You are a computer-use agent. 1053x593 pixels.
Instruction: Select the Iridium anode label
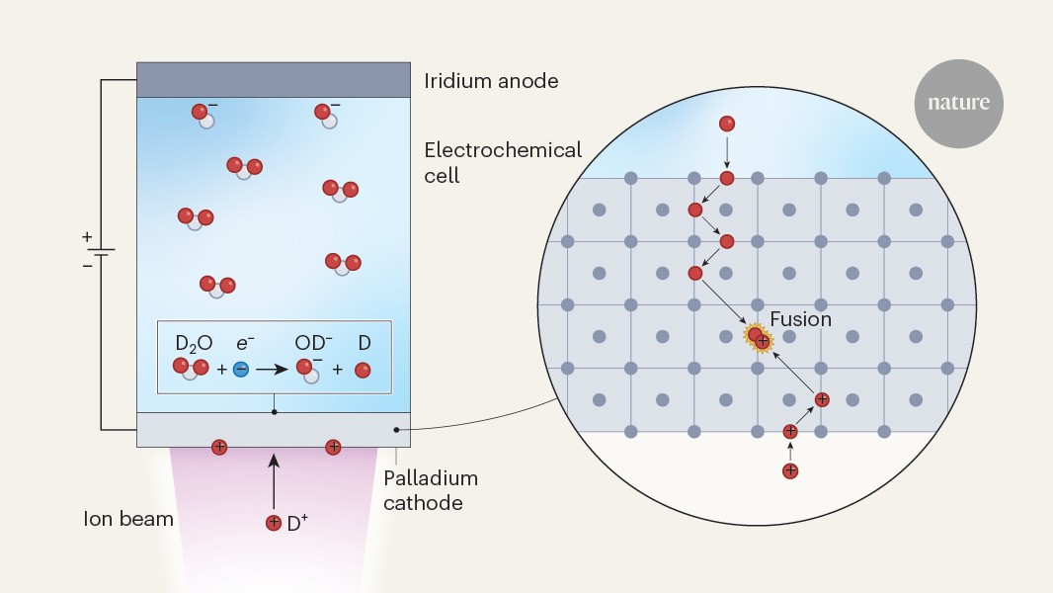(x=491, y=81)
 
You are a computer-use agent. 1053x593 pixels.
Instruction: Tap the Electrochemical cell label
(x=503, y=163)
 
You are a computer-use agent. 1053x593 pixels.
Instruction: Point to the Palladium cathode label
(x=430, y=490)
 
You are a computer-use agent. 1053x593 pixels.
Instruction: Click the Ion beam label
(x=128, y=518)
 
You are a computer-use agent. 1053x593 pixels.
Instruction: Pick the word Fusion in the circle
(x=800, y=319)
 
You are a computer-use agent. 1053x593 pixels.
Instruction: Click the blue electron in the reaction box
(x=241, y=370)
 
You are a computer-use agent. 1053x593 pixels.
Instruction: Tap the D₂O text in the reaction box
(x=194, y=344)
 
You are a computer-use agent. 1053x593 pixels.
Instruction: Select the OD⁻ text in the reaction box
(x=314, y=344)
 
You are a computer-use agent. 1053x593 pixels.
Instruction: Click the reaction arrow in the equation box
(x=272, y=370)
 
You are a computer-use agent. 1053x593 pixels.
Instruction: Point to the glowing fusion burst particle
(x=759, y=338)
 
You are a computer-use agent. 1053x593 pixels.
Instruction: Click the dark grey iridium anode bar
(x=274, y=80)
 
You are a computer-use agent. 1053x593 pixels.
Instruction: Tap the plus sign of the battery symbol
(x=87, y=237)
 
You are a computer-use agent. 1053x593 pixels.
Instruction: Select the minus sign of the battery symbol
(x=87, y=265)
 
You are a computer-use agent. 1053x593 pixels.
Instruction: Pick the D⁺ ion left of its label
(x=274, y=523)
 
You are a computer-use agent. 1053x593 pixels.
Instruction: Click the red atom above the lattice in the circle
(x=727, y=124)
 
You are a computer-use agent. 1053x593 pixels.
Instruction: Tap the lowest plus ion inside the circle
(x=789, y=470)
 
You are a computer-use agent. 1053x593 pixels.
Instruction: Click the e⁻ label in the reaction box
(x=246, y=344)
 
